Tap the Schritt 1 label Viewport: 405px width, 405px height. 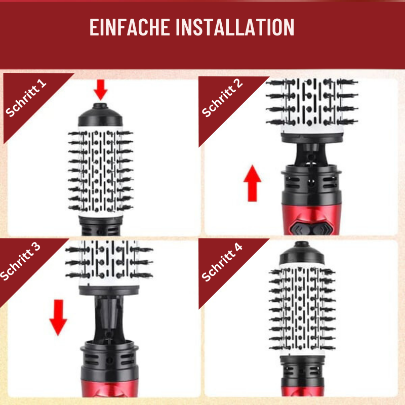point(26,98)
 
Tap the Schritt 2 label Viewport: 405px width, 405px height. point(222,98)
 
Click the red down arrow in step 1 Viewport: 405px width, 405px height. point(101,90)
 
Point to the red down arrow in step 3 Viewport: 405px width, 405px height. point(59,316)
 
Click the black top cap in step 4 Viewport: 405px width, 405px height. point(302,252)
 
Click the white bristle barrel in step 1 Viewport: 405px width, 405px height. point(101,172)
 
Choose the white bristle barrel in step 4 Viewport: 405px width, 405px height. point(302,309)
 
